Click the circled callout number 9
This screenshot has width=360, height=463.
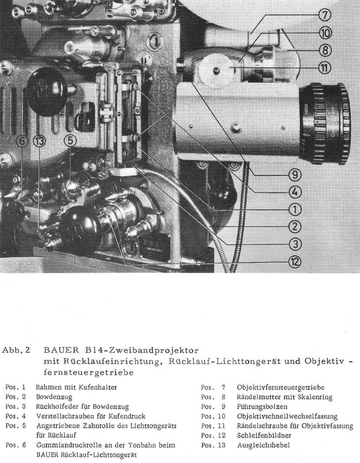point(296,173)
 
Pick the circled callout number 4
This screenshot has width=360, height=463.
point(296,191)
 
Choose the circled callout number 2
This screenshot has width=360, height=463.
point(296,226)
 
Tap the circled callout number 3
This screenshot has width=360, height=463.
point(296,243)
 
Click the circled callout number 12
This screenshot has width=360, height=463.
point(296,261)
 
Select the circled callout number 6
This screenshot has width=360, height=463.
point(22,141)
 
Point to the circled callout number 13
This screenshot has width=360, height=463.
point(40,141)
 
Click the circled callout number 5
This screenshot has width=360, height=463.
point(70,141)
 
